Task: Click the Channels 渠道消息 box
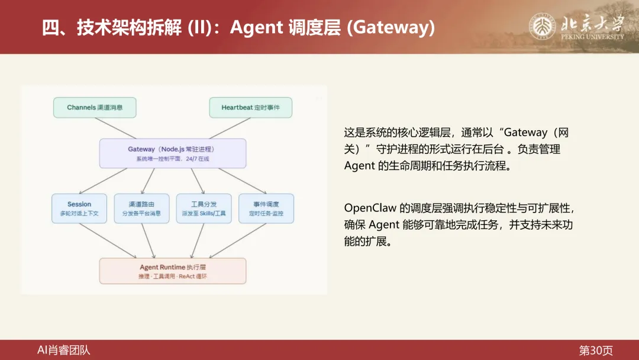pos(95,107)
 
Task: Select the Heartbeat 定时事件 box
pos(250,107)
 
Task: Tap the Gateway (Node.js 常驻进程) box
pos(172,153)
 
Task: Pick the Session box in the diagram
pos(79,208)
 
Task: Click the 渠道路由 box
pos(141,208)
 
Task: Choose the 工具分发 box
pos(204,208)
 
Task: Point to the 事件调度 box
pos(266,208)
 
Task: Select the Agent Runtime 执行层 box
pos(172,271)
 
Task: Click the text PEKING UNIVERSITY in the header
pos(592,37)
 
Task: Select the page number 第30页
pos(595,350)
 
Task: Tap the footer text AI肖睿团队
pos(64,350)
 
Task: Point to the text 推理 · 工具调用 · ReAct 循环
pos(172,277)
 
